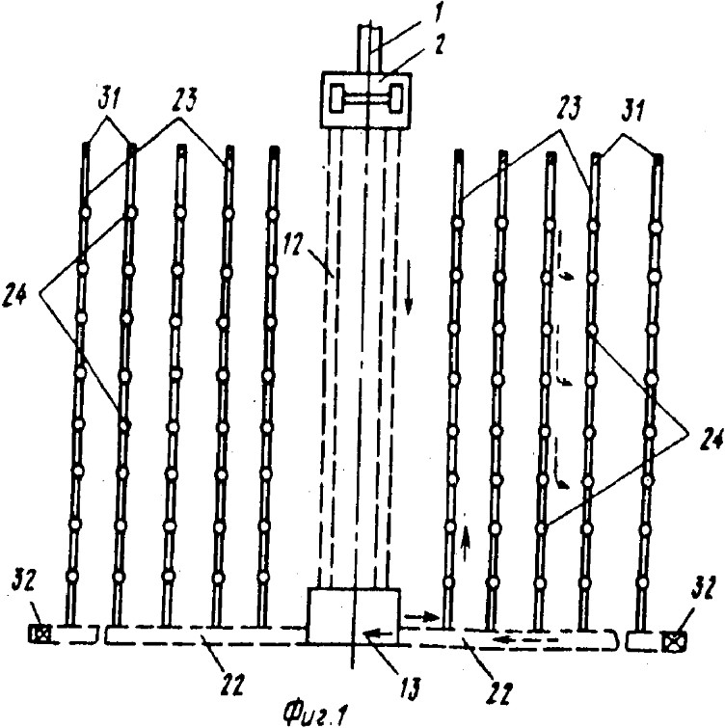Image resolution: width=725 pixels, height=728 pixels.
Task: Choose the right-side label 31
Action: click(x=634, y=111)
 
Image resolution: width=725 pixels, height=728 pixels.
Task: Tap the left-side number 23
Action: click(x=183, y=100)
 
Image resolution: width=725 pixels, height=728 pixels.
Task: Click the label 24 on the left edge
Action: click(x=14, y=296)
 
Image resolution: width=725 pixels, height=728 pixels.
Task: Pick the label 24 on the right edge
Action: click(x=710, y=439)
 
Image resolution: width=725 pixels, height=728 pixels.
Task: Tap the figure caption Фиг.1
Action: click(x=315, y=712)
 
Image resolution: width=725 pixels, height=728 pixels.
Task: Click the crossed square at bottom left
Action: click(x=39, y=634)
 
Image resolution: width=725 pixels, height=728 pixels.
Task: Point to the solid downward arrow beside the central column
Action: click(x=409, y=288)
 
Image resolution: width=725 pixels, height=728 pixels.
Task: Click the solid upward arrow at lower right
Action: click(x=466, y=540)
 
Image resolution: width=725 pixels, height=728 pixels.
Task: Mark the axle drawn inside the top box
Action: click(x=365, y=98)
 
